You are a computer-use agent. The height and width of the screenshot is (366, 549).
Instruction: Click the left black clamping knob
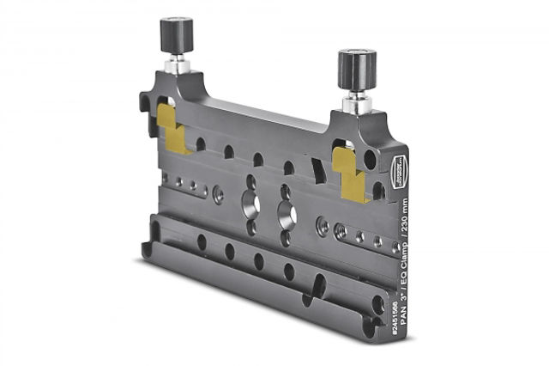point(177,35)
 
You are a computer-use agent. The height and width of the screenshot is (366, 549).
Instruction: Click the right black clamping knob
point(356,69)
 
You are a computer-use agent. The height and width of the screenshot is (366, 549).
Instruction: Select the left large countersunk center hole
point(250,204)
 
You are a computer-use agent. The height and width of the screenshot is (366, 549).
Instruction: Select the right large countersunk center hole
point(287,215)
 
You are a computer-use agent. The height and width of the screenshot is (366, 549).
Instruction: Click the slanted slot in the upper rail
point(318,172)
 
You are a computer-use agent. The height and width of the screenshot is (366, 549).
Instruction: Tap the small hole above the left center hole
point(250,181)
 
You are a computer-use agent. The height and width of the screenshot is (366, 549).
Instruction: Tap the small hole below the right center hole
point(286,240)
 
